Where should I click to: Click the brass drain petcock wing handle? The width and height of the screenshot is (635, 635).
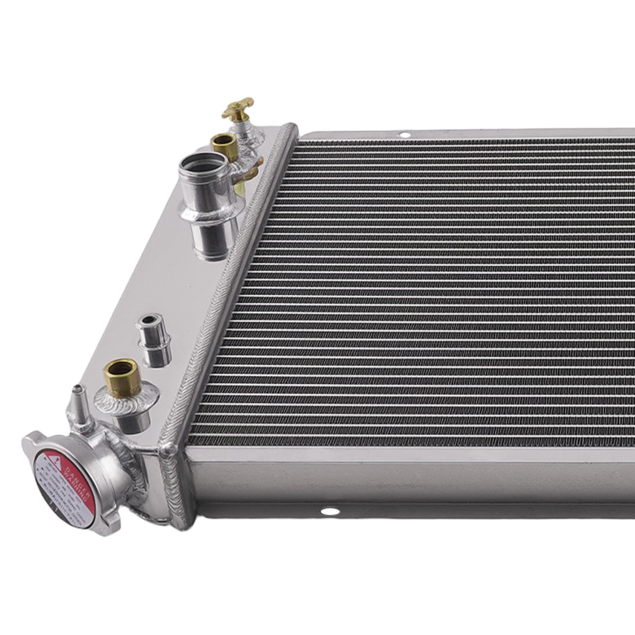point(238,107)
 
